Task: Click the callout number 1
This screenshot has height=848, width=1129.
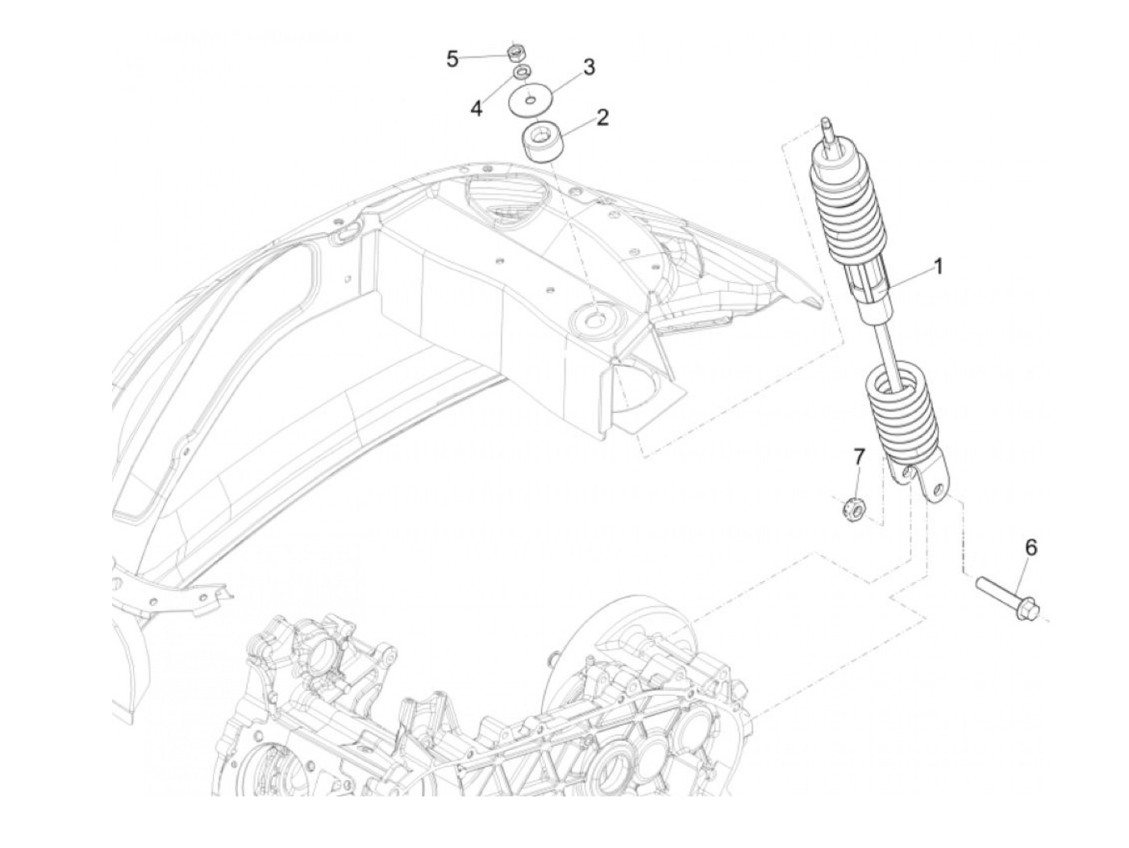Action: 938,266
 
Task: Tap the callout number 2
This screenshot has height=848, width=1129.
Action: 602,118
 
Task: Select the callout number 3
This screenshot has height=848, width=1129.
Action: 589,67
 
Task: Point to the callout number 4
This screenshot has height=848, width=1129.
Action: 477,108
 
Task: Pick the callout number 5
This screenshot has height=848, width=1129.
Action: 452,58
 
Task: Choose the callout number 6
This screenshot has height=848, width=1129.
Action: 1031,547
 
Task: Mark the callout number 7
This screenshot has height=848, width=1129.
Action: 859,457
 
